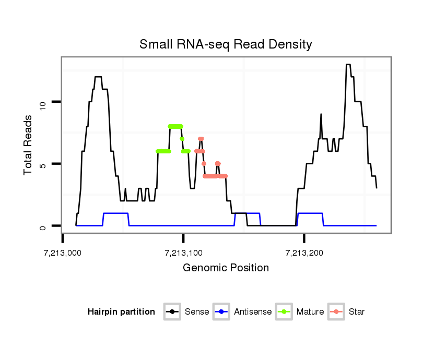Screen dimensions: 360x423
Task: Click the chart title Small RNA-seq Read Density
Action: point(226,44)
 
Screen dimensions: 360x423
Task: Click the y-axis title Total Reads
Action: point(29,146)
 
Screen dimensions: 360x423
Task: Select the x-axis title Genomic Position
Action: point(226,268)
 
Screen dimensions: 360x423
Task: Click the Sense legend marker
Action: point(172,312)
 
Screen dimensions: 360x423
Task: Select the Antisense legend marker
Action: point(221,312)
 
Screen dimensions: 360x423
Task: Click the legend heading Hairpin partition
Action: point(121,312)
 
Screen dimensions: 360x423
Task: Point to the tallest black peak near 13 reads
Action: point(348,65)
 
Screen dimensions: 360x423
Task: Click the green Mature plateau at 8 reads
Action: point(175,126)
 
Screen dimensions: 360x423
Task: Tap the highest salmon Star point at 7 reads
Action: point(201,139)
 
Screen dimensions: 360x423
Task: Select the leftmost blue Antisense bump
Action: point(116,213)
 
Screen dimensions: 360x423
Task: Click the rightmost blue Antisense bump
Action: point(310,213)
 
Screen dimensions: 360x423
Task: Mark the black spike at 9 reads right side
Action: point(321,114)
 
